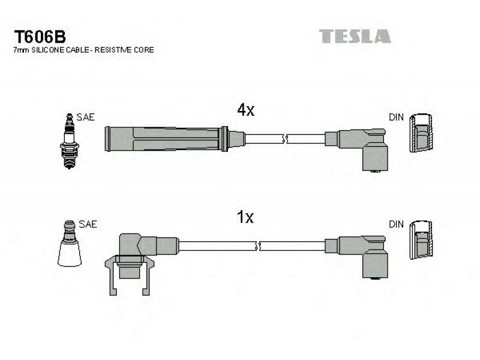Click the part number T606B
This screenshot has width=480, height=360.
[40, 37]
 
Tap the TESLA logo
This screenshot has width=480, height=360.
[355, 36]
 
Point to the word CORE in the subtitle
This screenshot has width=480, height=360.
[143, 50]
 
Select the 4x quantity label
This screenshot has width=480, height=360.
[245, 110]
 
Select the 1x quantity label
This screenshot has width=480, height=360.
[245, 217]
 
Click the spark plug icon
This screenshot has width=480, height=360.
[70, 141]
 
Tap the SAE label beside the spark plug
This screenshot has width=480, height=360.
[85, 117]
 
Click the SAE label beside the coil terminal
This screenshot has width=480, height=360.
[88, 224]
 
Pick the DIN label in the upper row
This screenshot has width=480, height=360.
[396, 117]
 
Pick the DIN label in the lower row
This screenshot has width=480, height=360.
[396, 224]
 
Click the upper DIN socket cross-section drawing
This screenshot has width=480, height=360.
[421, 133]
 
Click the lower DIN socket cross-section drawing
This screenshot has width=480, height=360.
[421, 240]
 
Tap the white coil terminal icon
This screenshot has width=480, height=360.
[70, 244]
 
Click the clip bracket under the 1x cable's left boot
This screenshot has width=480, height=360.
[130, 274]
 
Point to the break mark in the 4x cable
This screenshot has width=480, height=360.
[285, 139]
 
